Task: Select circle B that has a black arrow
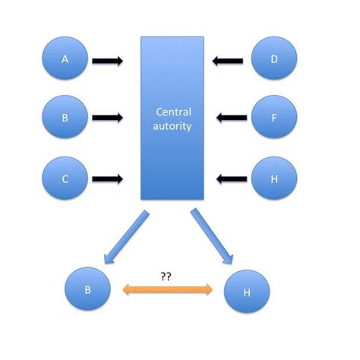click(65, 118)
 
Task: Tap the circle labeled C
click(65, 179)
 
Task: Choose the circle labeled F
click(273, 118)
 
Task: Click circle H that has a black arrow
click(273, 179)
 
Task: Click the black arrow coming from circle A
click(107, 58)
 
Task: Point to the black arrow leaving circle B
click(107, 118)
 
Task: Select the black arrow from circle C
click(107, 180)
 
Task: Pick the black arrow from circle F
click(230, 118)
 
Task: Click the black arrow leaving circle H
click(231, 180)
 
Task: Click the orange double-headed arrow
click(167, 289)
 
